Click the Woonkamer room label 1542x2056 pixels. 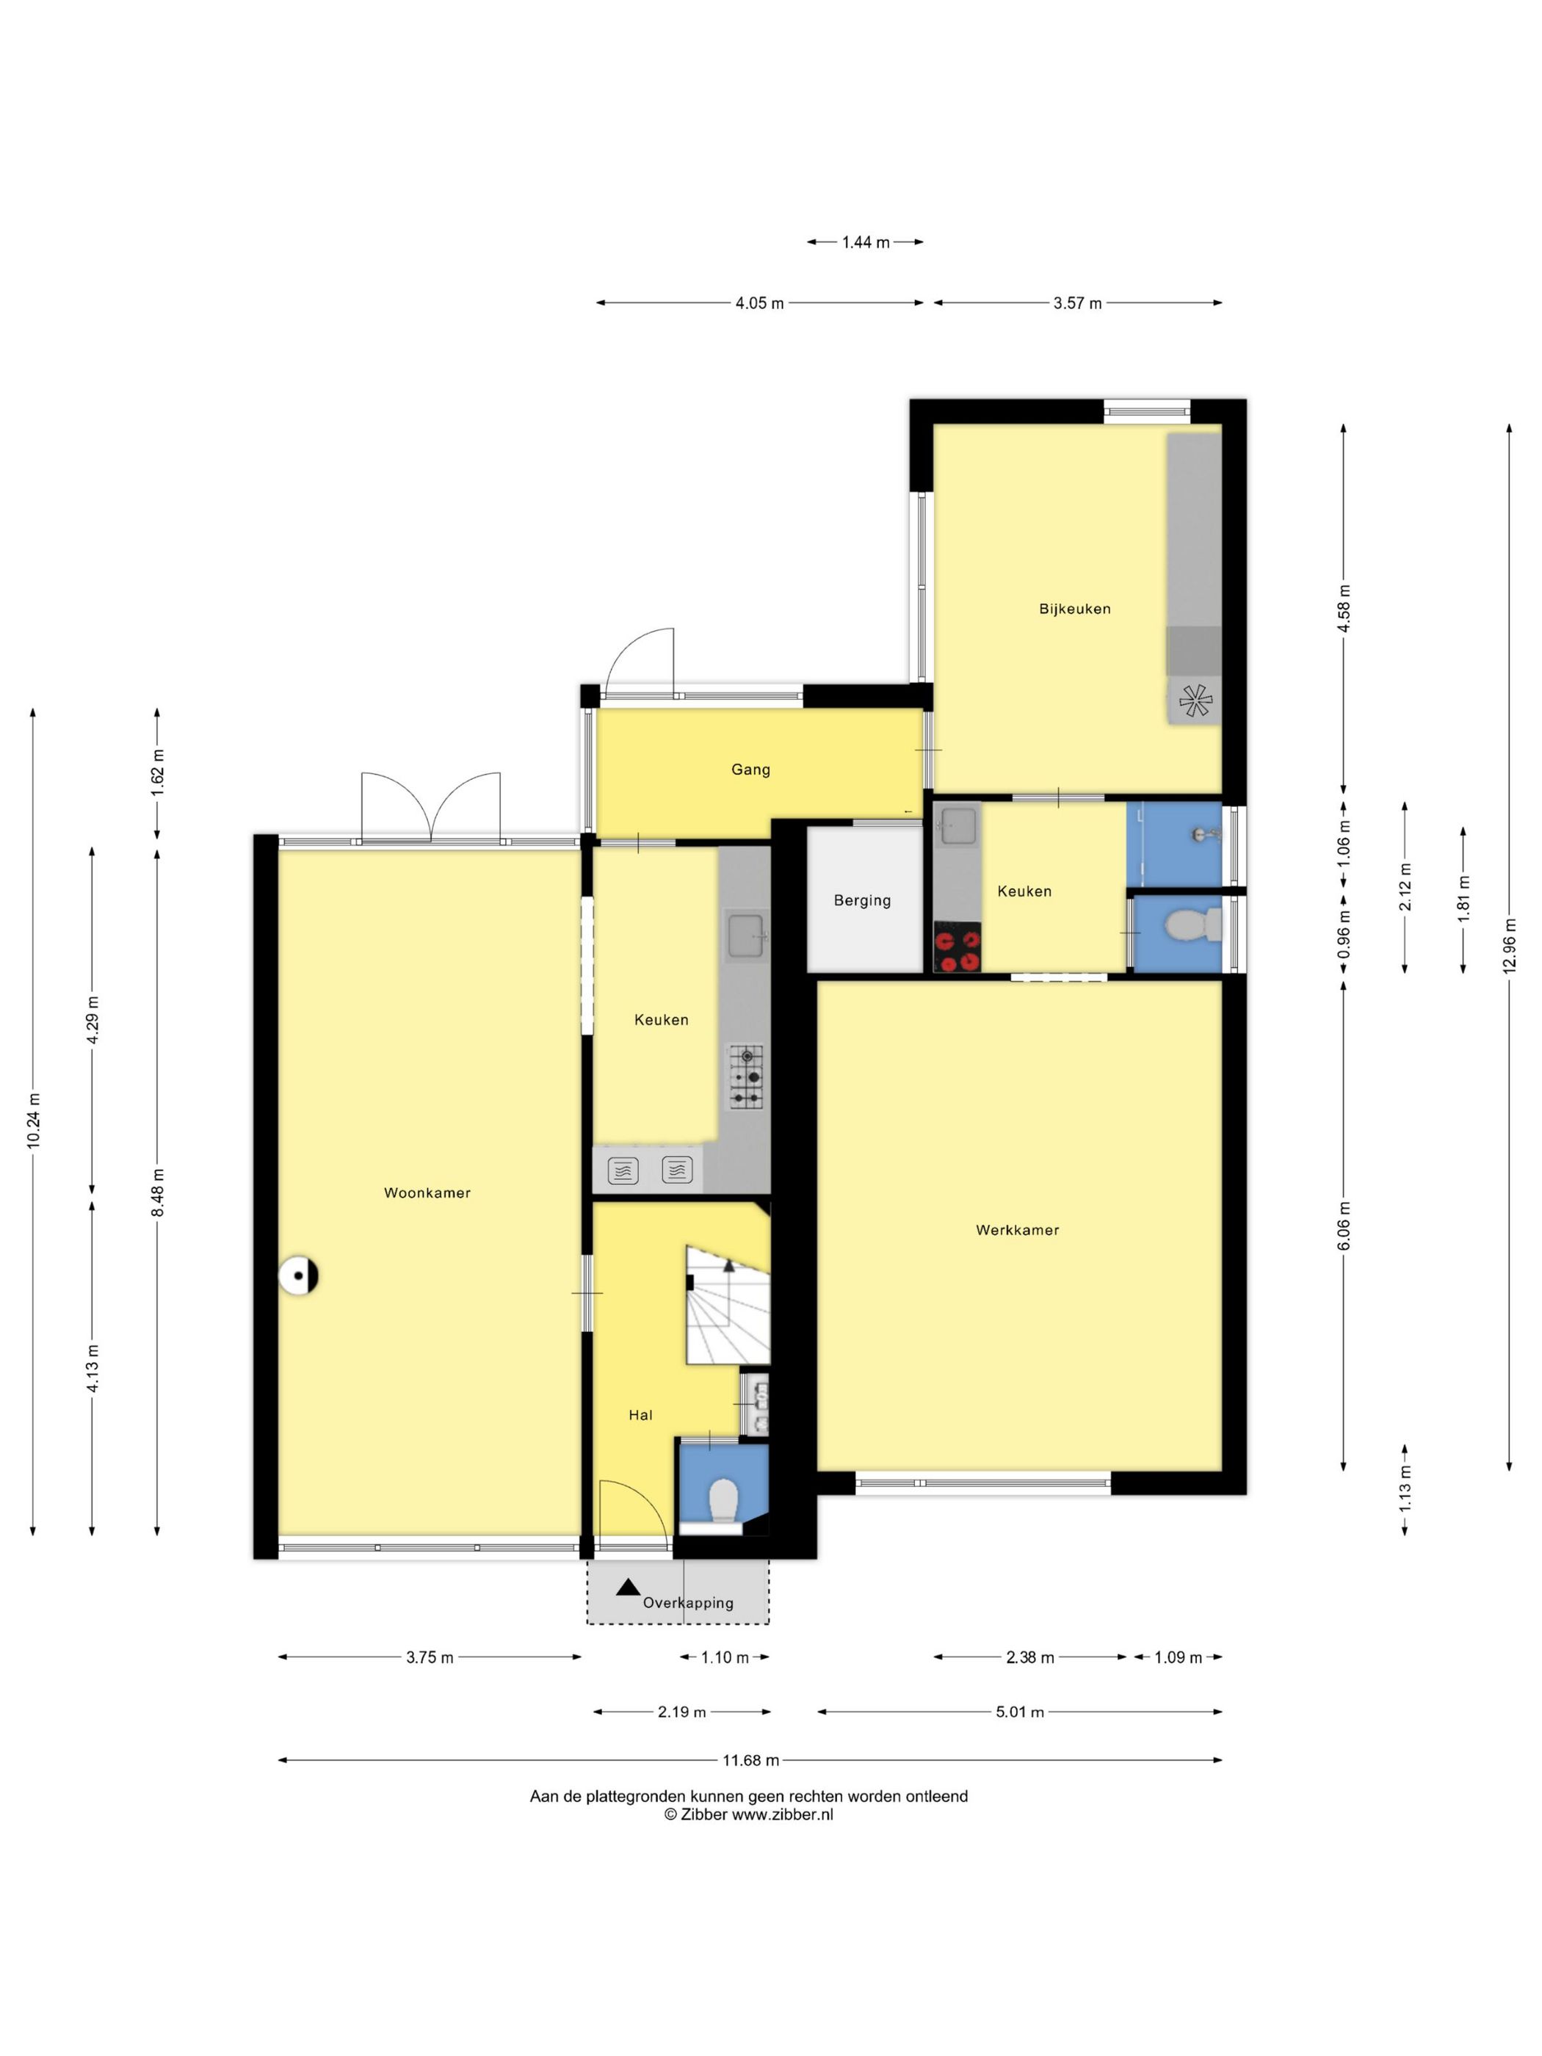click(427, 1192)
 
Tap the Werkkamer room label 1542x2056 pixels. click(1017, 1230)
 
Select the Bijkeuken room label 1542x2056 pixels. click(1074, 609)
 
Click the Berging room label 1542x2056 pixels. click(861, 899)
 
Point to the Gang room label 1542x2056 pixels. click(750, 770)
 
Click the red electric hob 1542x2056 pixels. click(958, 947)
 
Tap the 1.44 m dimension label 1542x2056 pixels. click(865, 242)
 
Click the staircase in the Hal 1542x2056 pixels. click(728, 1305)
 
